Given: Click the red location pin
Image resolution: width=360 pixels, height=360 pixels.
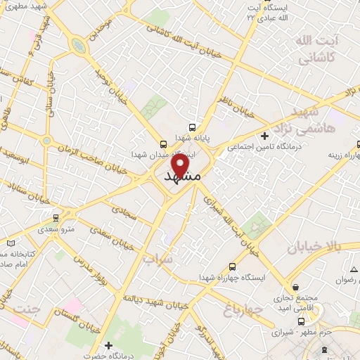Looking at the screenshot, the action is click(x=182, y=164).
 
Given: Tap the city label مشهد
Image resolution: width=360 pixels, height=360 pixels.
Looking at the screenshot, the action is click(x=182, y=177).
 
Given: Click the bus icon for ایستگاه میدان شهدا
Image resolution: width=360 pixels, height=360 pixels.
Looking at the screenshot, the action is click(x=164, y=141).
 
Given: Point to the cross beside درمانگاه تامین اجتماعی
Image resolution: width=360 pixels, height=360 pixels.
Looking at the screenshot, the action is click(x=264, y=135).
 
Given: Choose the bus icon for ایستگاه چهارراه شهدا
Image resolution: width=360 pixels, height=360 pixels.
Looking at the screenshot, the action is click(x=232, y=267).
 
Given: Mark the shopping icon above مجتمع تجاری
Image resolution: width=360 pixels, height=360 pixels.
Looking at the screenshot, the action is click(x=297, y=288).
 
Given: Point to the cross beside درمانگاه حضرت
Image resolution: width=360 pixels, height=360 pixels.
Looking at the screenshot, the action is click(x=108, y=345).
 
